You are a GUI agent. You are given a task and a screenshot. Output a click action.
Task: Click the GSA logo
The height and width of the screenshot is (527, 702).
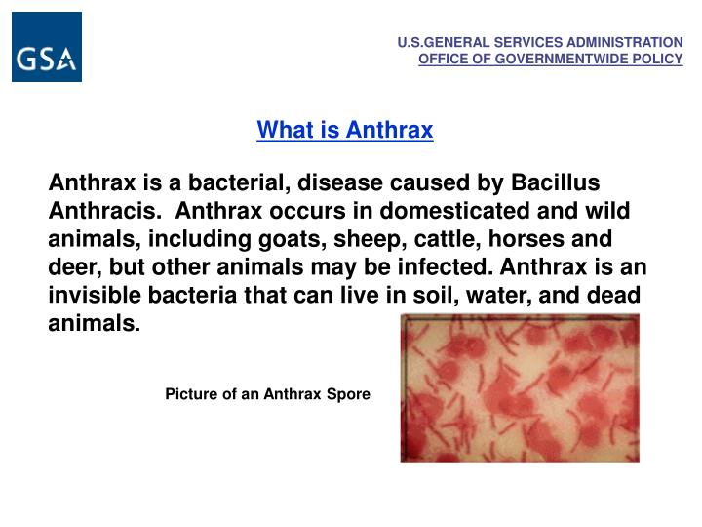(47, 47)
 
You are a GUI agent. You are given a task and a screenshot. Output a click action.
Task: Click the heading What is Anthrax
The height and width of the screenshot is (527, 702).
(345, 130)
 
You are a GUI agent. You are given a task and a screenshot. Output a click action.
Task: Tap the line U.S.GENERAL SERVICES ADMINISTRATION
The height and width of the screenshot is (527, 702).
(540, 43)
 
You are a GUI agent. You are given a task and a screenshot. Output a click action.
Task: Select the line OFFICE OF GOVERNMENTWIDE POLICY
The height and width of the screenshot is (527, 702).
(551, 59)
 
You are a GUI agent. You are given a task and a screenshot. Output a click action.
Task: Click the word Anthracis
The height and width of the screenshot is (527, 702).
(104, 211)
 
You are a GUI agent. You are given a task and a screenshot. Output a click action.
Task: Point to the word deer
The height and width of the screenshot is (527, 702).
(74, 267)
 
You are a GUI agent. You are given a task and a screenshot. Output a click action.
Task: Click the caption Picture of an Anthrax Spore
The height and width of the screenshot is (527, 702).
(267, 394)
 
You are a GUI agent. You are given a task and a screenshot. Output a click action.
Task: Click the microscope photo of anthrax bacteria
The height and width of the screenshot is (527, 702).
(520, 387)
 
